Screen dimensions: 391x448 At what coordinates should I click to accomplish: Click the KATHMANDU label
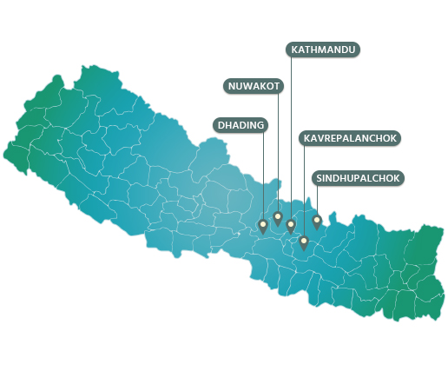click(x=323, y=50)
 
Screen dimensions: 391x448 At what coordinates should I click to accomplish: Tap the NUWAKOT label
click(x=253, y=85)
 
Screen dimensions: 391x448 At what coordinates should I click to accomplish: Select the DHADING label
click(x=240, y=125)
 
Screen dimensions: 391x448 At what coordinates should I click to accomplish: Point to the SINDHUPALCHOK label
click(x=358, y=178)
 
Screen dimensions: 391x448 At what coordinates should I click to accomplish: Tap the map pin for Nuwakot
click(x=278, y=217)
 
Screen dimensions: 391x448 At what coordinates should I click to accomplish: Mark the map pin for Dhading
click(x=263, y=226)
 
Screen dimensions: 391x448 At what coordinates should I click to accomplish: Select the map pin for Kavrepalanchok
click(x=304, y=242)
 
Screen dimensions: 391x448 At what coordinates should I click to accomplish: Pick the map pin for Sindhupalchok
click(x=317, y=221)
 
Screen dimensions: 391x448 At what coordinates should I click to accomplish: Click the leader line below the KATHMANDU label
click(x=291, y=130)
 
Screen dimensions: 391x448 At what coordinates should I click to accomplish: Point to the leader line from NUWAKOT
click(x=278, y=148)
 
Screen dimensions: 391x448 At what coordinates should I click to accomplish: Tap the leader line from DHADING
click(x=263, y=174)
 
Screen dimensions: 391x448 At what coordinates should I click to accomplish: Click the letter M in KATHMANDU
click(x=322, y=50)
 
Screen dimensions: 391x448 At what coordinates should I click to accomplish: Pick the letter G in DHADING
click(x=259, y=125)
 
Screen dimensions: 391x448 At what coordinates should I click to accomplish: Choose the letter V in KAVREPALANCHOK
click(x=320, y=138)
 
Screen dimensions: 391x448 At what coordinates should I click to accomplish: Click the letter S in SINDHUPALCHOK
click(x=320, y=178)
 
